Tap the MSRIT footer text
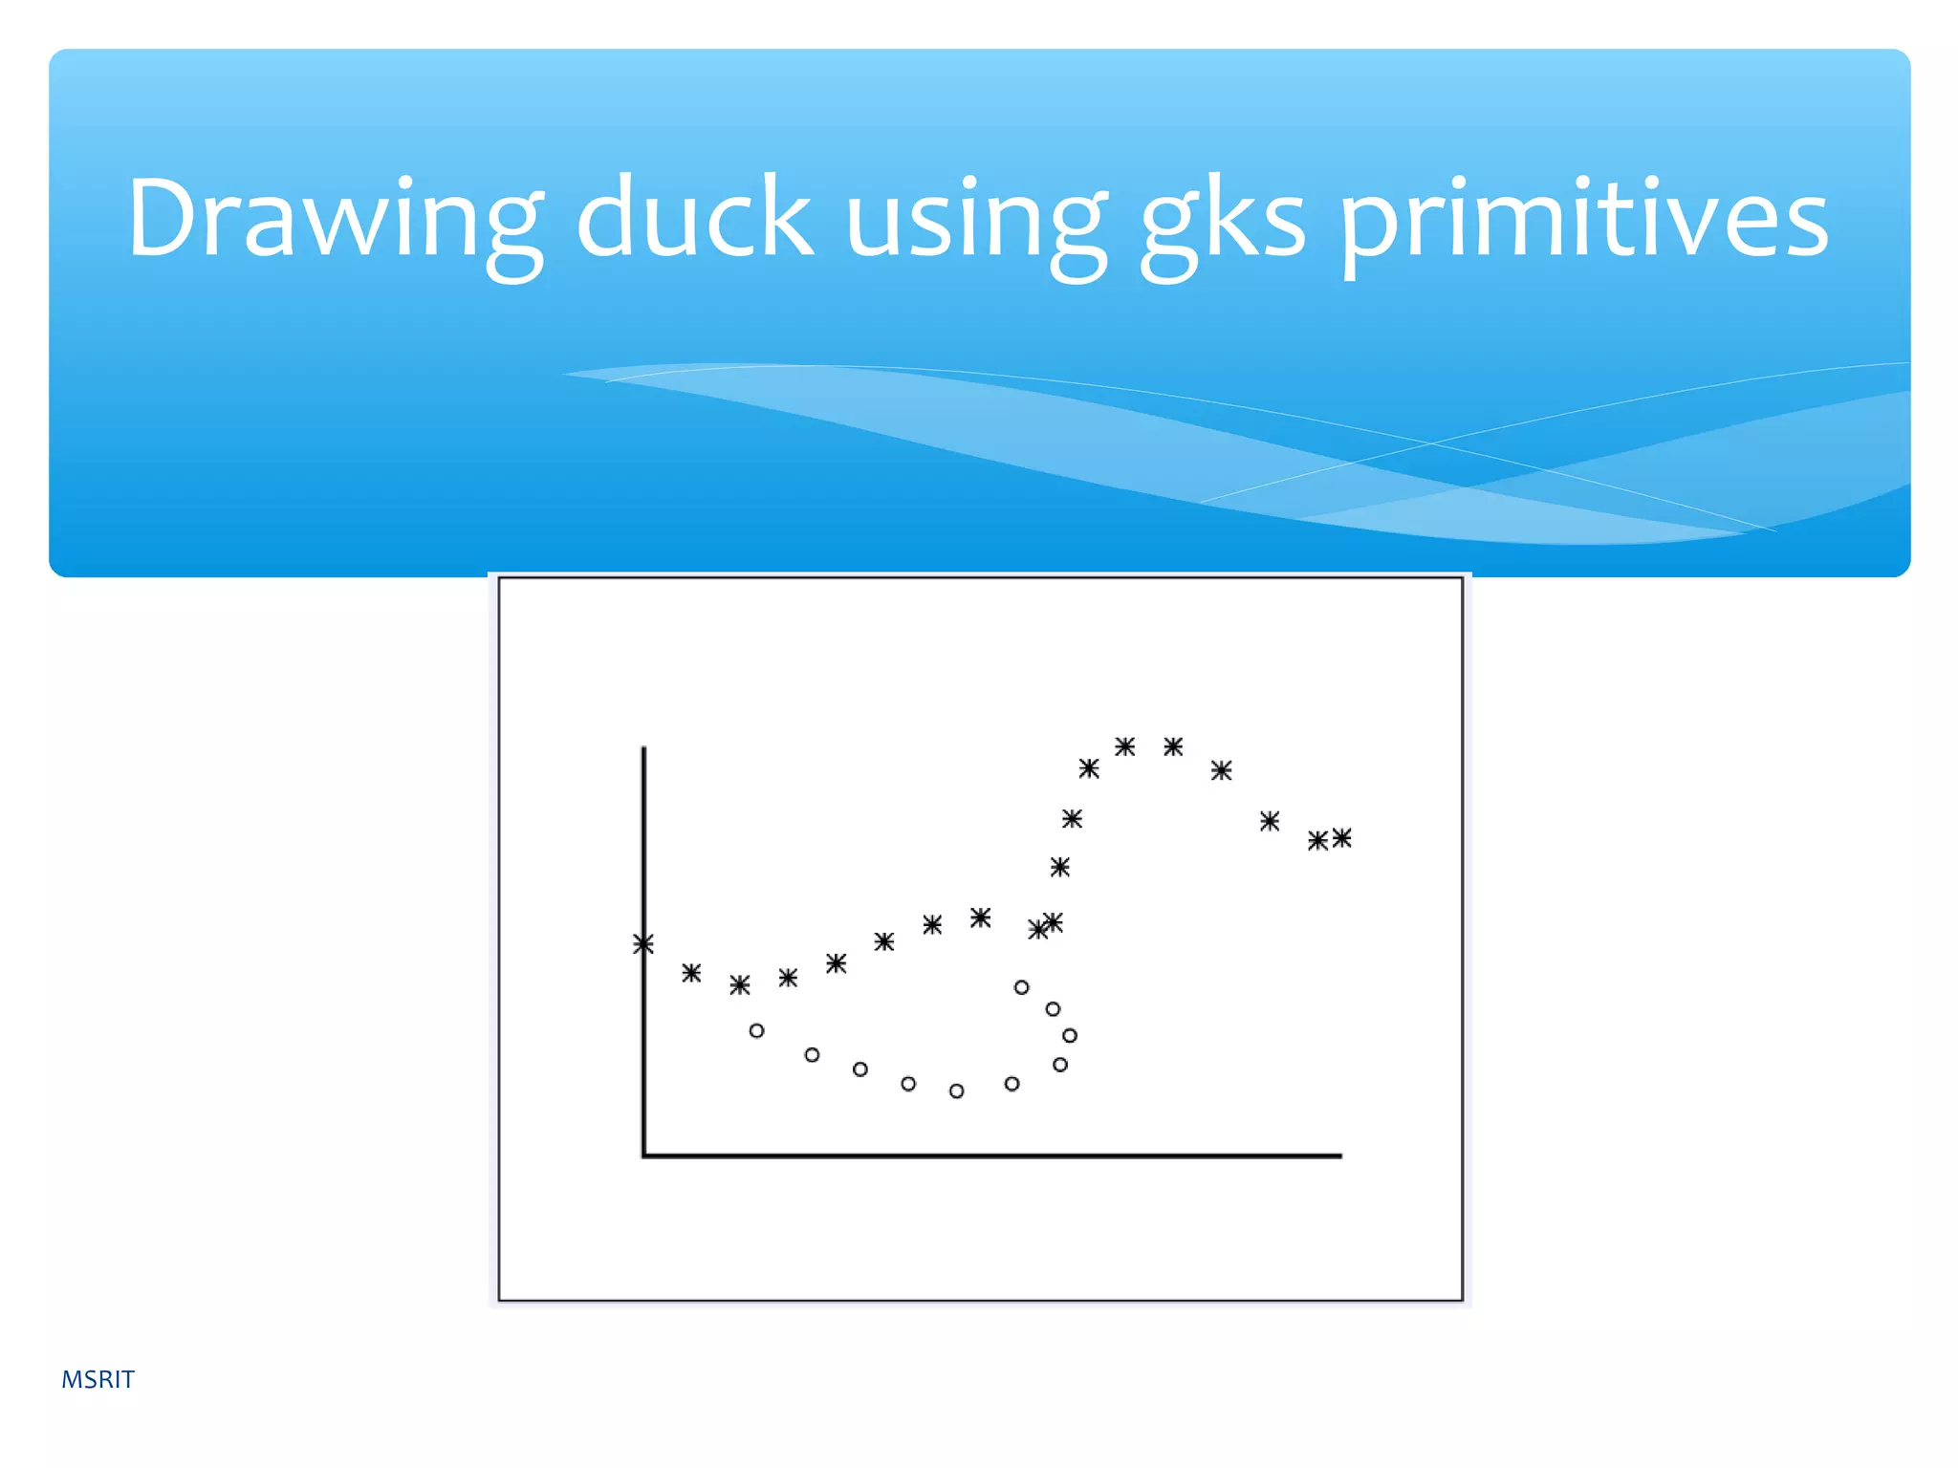click(x=98, y=1379)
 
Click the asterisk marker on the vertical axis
click(x=643, y=944)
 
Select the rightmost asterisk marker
click(x=1342, y=838)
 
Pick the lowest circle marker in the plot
click(x=957, y=1090)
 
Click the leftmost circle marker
click(x=757, y=1030)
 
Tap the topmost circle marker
click(x=1022, y=987)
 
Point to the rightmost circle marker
click(x=1070, y=1035)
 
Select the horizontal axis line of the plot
click(x=994, y=1155)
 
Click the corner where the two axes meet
click(x=644, y=1155)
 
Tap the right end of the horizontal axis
click(x=1338, y=1155)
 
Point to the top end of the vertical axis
click(x=644, y=750)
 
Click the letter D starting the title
click(x=164, y=218)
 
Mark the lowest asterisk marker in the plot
click(x=740, y=984)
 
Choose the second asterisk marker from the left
click(x=691, y=973)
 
